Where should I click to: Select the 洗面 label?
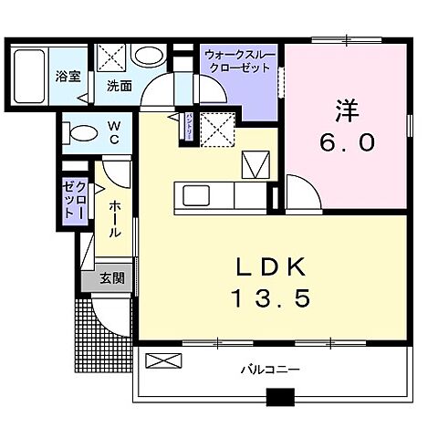118,87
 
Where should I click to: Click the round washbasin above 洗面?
147,55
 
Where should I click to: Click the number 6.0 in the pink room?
344,144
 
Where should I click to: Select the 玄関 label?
112,278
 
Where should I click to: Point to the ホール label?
113,220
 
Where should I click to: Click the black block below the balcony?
280,397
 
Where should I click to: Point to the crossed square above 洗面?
115,56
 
